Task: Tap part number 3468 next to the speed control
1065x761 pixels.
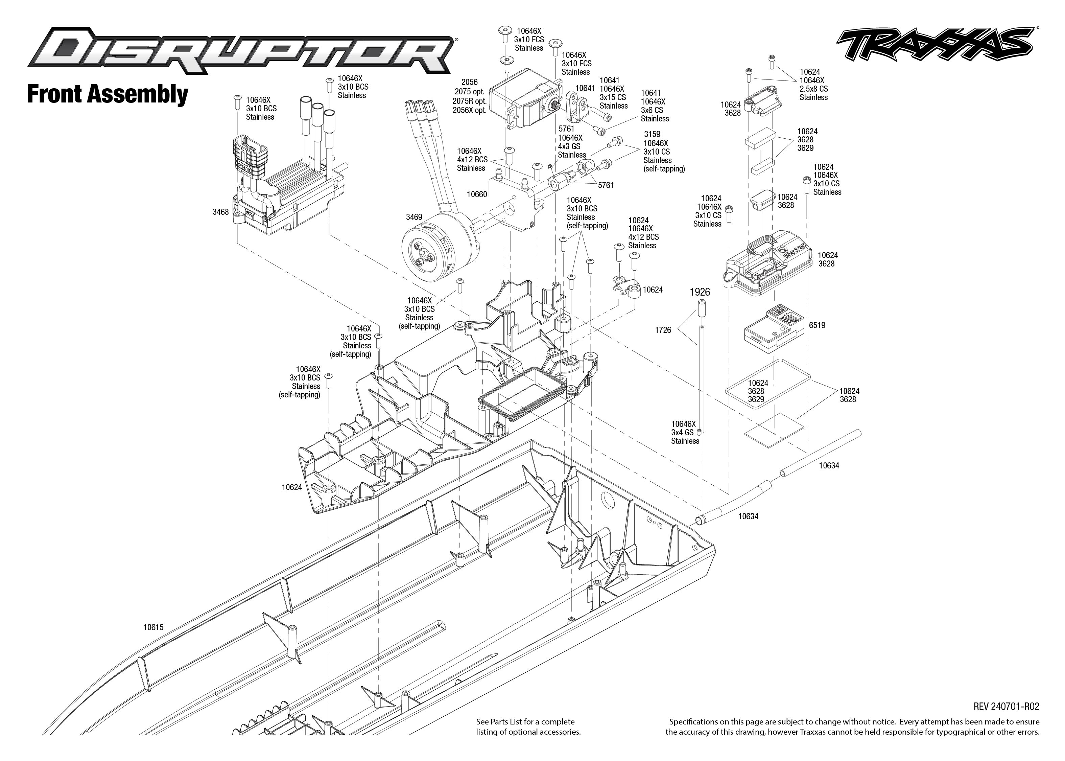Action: coord(220,212)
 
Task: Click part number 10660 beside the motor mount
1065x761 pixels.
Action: coord(477,194)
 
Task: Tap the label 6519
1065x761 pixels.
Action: coord(817,325)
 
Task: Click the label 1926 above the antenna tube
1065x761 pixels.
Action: coord(700,292)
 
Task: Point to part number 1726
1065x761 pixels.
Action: coord(663,330)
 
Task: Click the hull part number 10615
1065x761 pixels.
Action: coord(153,627)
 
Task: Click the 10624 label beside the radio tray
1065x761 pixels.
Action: coord(291,487)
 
